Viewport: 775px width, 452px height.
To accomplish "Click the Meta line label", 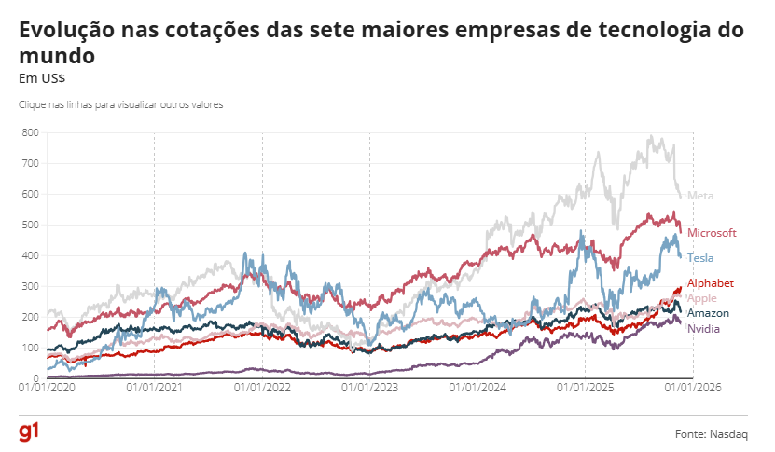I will point(700,196).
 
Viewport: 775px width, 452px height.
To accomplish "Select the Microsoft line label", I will point(712,232).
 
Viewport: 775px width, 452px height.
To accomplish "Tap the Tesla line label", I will point(701,257).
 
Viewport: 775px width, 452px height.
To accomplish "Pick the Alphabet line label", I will point(711,282).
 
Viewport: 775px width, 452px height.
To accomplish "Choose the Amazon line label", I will point(708,313).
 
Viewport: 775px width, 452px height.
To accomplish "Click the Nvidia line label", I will point(703,329).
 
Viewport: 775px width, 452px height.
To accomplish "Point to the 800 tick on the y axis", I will point(29,132).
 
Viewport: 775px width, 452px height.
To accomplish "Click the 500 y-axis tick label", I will point(29,225).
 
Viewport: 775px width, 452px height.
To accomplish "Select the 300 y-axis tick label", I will point(29,286).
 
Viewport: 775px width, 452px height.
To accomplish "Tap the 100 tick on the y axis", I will point(29,348).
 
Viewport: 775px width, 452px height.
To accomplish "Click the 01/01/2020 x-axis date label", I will point(46,388).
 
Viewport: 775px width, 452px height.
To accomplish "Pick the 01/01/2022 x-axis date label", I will point(262,388).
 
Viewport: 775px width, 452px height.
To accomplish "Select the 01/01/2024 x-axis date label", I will point(477,388).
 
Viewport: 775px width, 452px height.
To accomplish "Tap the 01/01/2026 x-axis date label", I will point(693,388).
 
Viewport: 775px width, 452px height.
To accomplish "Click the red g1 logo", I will point(28,432).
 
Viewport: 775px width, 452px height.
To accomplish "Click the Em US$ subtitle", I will point(35,78).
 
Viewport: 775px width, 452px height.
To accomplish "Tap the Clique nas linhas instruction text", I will point(120,104).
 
